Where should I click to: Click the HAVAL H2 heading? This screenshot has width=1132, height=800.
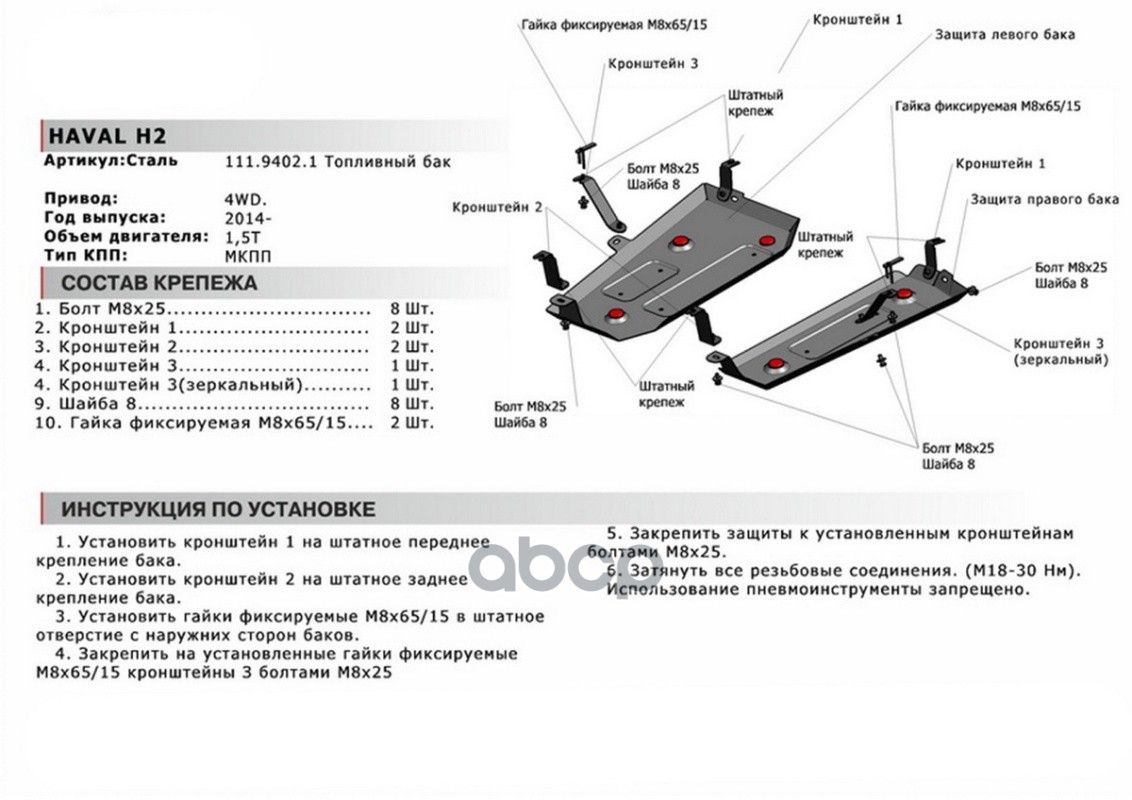(x=107, y=136)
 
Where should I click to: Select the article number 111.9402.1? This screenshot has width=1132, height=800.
(x=271, y=162)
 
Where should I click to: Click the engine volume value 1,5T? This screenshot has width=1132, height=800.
(x=243, y=238)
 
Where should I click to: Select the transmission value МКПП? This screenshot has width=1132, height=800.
(x=248, y=256)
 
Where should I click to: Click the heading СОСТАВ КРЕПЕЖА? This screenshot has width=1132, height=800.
(x=159, y=283)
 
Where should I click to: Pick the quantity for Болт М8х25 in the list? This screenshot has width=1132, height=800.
(x=412, y=309)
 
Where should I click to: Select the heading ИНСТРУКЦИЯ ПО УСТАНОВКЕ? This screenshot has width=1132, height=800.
(x=218, y=509)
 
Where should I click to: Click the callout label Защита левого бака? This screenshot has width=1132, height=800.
(x=1004, y=35)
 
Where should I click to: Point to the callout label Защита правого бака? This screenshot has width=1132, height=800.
(x=1044, y=199)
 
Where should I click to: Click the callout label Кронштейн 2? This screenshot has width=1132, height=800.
(x=497, y=207)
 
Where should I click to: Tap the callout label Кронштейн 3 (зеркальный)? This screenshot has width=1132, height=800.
(x=1059, y=352)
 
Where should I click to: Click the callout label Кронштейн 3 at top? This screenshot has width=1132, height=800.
(x=653, y=64)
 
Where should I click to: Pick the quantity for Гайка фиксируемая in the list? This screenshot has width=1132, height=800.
(x=412, y=423)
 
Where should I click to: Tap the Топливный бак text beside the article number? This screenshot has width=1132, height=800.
(x=388, y=162)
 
